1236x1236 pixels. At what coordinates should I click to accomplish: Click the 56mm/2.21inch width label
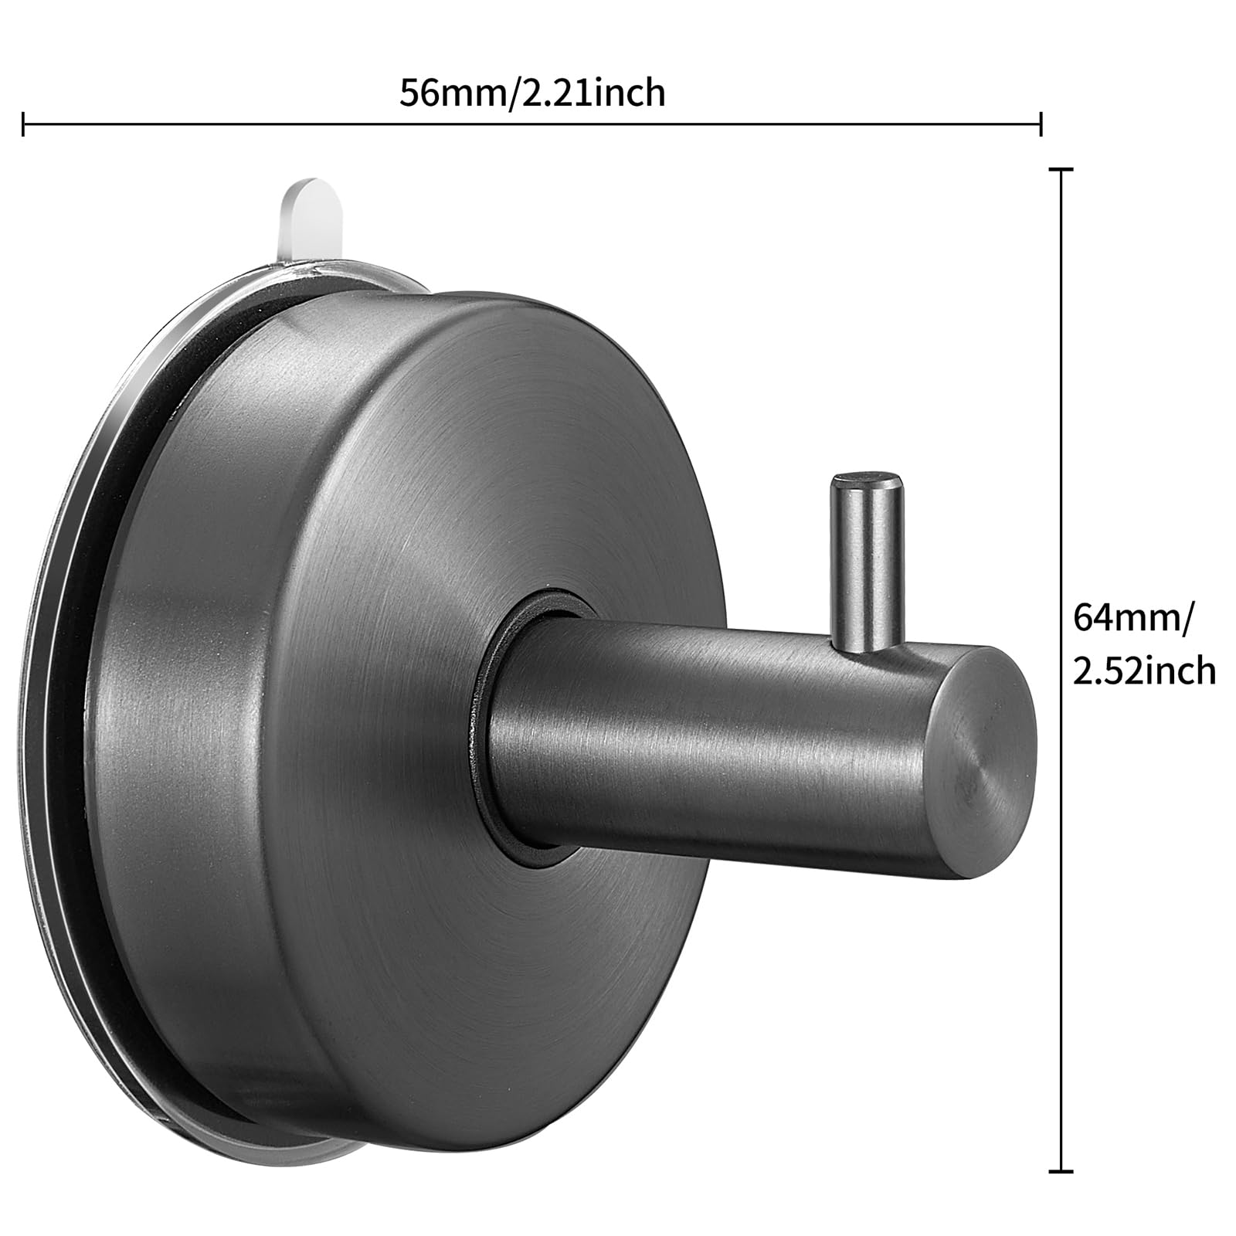click(x=531, y=93)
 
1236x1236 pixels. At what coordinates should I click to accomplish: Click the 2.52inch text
click(x=1144, y=671)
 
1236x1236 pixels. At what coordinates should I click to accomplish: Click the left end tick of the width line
click(x=24, y=124)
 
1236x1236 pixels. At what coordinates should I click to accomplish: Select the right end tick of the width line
click(x=1041, y=124)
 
